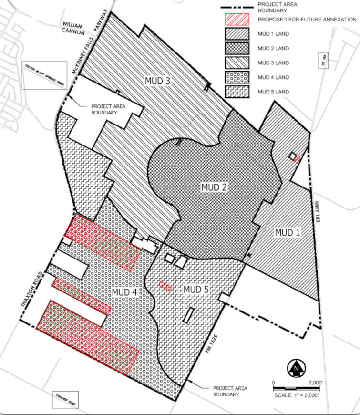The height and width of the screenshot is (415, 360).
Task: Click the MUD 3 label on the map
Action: point(158,81)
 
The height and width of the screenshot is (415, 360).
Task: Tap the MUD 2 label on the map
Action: point(213,187)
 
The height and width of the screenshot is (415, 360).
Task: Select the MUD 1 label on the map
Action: point(288,232)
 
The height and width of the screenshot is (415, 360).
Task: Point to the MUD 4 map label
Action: point(125,291)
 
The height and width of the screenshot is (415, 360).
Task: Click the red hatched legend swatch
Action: point(237,19)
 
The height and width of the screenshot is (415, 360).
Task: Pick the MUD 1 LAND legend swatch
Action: point(237,34)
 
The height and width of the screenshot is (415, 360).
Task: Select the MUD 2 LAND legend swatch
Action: point(237,48)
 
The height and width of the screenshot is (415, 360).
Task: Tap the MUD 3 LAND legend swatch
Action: point(237,62)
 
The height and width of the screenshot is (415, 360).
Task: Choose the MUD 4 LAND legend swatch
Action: point(237,77)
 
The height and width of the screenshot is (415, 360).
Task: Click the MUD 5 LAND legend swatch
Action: point(237,92)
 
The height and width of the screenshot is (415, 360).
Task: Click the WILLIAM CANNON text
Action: point(73,30)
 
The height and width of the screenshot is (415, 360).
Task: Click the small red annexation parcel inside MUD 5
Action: point(165,286)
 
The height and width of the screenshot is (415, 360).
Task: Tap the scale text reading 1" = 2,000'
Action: point(296,395)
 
